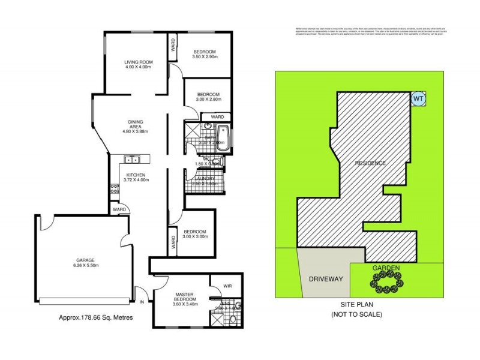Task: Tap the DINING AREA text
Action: coord(135,122)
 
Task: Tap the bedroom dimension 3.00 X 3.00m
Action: coord(195,236)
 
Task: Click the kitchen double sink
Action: coord(131,160)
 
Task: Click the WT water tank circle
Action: coord(418,97)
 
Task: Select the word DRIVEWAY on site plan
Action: coord(325,279)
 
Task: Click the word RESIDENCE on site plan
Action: coord(370,163)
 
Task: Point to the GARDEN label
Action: coord(386,268)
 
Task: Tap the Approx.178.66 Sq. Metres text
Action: coord(95,319)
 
